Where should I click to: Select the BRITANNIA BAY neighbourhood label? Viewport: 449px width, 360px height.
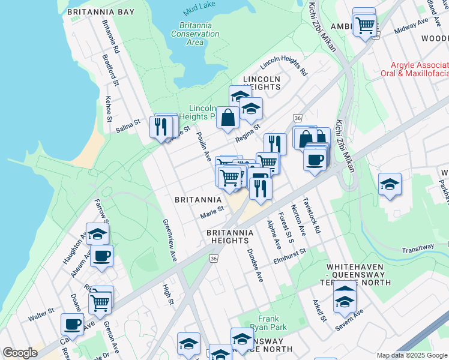pyautogui.click(x=101, y=12)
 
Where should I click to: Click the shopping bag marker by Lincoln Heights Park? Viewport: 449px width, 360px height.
pyautogui.click(x=228, y=118)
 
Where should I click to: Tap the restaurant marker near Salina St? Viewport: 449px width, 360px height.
pyautogui.click(x=160, y=127)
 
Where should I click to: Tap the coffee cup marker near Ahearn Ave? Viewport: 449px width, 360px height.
pyautogui.click(x=101, y=256)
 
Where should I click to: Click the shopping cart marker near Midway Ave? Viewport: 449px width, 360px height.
pyautogui.click(x=364, y=25)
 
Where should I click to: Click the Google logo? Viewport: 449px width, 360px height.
pyautogui.click(x=20, y=353)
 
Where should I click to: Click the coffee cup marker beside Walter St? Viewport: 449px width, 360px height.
pyautogui.click(x=72, y=325)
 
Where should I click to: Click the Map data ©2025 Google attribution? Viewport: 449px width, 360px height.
pyautogui.click(x=412, y=355)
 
